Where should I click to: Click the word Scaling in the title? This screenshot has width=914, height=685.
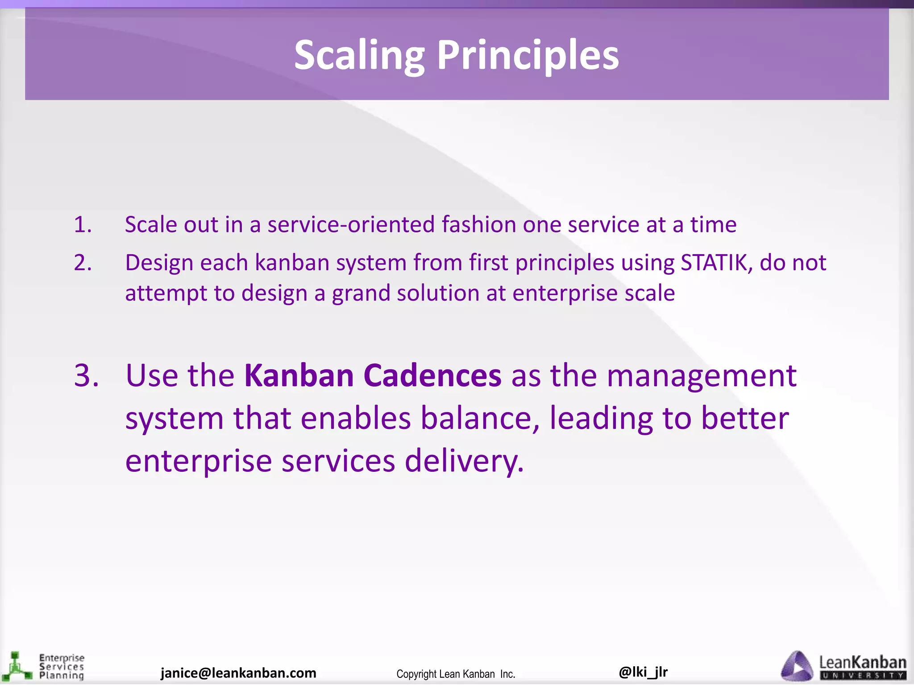(359, 56)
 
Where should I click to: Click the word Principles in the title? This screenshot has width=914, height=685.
(528, 56)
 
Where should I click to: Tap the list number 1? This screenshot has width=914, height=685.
(83, 224)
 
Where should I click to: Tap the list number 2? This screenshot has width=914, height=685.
(83, 263)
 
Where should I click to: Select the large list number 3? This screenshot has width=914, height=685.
(87, 376)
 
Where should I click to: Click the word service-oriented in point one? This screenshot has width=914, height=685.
(351, 224)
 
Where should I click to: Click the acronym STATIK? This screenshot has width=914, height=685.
(714, 263)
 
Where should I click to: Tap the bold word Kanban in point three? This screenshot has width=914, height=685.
(299, 376)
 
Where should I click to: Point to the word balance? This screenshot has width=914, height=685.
(480, 418)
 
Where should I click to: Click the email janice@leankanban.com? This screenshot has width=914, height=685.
(238, 673)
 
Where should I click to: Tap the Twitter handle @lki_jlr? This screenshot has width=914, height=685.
(643, 672)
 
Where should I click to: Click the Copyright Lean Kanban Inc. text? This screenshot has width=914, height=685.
(456, 674)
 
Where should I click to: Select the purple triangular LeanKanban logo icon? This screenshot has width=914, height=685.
(797, 666)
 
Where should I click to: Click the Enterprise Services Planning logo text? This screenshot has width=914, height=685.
(62, 667)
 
